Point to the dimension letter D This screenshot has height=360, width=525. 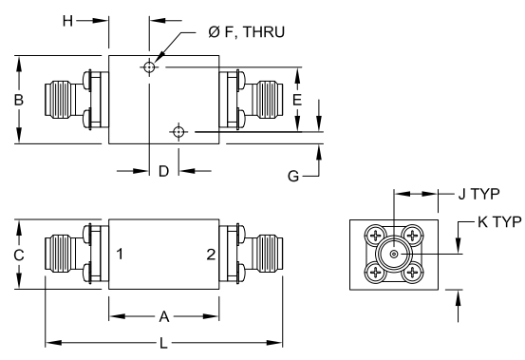point(163,171)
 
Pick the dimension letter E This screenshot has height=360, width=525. point(297,99)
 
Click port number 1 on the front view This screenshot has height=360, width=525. point(121,255)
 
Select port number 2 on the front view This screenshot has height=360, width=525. point(211,255)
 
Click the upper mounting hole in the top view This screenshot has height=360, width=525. point(149,66)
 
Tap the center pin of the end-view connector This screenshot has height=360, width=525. point(393,254)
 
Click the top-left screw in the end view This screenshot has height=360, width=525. point(377,236)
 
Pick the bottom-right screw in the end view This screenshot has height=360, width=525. point(410,273)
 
